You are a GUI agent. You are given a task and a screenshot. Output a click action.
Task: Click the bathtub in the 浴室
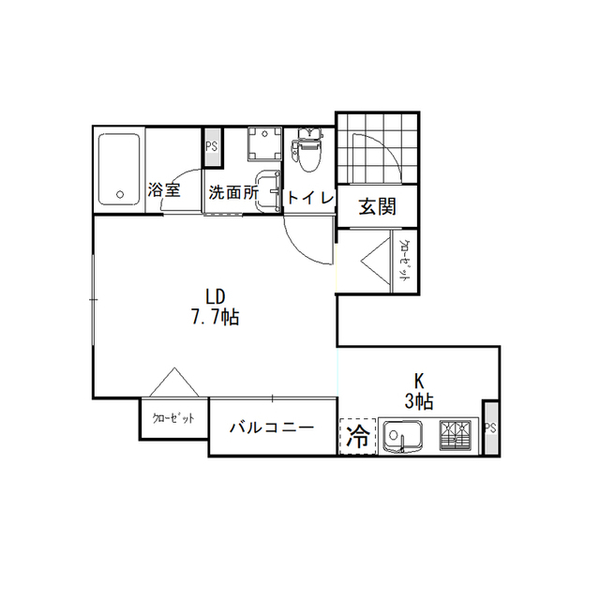click(119, 169)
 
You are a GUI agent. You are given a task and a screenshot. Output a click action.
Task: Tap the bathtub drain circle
click(120, 194)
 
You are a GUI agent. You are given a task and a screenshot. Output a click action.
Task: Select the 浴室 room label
click(164, 189)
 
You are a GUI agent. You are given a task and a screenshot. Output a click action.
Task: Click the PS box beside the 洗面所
click(212, 147)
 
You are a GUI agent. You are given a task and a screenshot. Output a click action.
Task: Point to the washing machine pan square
click(264, 143)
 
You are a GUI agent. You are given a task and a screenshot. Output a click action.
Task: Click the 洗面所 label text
click(233, 192)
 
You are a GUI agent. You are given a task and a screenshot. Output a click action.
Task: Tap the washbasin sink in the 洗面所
click(268, 191)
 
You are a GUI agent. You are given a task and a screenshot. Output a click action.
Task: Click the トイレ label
click(310, 198)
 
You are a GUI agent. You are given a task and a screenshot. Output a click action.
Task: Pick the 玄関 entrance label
click(377, 207)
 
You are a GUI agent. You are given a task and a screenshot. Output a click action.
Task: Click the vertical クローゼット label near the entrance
click(403, 261)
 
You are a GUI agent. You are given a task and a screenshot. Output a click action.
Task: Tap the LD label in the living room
click(215, 296)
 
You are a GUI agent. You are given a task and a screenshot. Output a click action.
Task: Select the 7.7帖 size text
click(215, 317)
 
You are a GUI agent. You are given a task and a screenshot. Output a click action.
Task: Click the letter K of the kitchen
click(419, 382)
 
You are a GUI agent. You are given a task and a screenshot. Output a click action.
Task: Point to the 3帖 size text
click(419, 401)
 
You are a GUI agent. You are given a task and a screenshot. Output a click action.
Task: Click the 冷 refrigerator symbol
click(358, 437)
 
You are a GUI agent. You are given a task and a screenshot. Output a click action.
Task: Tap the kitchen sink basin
click(403, 437)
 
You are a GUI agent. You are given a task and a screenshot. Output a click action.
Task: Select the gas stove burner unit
click(455, 435)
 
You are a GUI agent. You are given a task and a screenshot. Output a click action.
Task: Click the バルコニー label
click(272, 427)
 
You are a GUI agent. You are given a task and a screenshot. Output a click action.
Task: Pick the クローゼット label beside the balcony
click(173, 418)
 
